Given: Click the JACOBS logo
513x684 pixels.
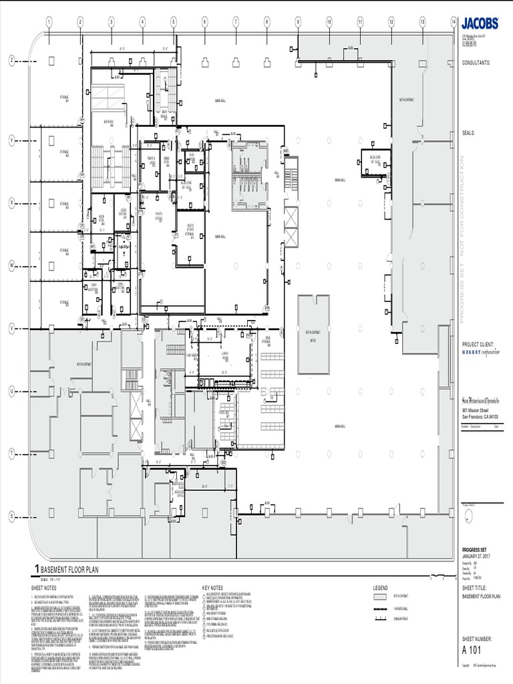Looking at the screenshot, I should tap(480, 23).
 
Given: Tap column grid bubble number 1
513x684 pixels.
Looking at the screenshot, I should tap(49, 22).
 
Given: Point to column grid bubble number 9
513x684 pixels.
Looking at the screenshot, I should tap(298, 22).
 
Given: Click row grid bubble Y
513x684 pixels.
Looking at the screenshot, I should tap(11, 140).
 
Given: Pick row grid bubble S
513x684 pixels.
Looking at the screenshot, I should tap(11, 516).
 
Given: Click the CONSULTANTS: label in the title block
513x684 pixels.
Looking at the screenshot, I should tap(476, 62).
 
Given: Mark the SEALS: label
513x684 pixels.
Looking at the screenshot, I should tap(468, 133).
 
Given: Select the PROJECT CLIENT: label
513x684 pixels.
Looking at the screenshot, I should tap(478, 344).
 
